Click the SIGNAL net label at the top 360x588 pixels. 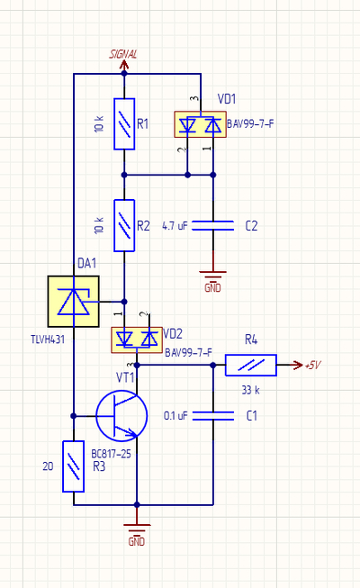(123, 54)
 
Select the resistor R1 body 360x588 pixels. (124, 124)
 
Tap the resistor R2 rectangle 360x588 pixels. (124, 225)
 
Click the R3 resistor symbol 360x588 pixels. (73, 466)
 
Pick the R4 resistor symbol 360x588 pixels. (251, 365)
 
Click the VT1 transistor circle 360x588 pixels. (121, 415)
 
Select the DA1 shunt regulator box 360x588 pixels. (74, 302)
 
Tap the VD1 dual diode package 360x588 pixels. (200, 124)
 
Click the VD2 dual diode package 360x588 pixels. (137, 339)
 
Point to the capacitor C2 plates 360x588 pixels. (213, 225)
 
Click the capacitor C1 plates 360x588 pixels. (213, 415)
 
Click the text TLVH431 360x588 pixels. (48, 339)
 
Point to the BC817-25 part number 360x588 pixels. (111, 454)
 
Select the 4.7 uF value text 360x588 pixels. (175, 226)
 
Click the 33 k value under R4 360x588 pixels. (250, 390)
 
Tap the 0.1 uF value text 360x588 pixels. (175, 415)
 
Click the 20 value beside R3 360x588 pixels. (48, 466)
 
